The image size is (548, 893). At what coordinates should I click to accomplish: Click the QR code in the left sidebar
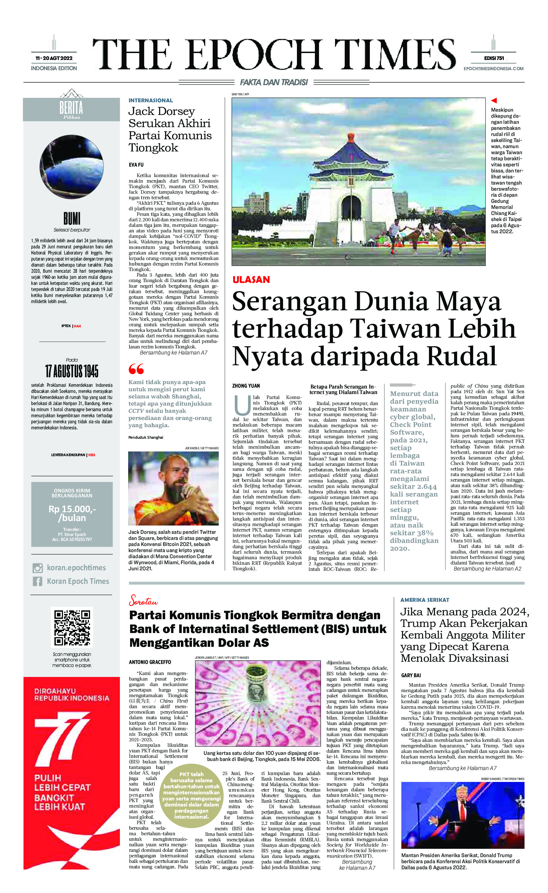pos(72,627)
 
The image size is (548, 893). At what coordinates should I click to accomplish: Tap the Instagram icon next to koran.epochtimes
pos(37,568)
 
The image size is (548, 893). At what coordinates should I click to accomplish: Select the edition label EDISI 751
pos(494,58)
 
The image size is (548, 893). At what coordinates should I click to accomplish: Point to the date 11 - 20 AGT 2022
pos(54,58)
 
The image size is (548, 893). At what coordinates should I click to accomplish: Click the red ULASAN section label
pos(251,280)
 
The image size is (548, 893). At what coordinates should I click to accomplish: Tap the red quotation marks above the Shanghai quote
pos(136,369)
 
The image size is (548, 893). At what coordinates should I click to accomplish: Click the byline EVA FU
pos(136,165)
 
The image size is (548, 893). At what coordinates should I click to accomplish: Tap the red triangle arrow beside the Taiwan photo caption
pos(494,100)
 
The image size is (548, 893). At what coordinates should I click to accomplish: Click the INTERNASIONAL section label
pos(151,100)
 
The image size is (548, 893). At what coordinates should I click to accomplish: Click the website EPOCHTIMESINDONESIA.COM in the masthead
pos(494,69)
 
